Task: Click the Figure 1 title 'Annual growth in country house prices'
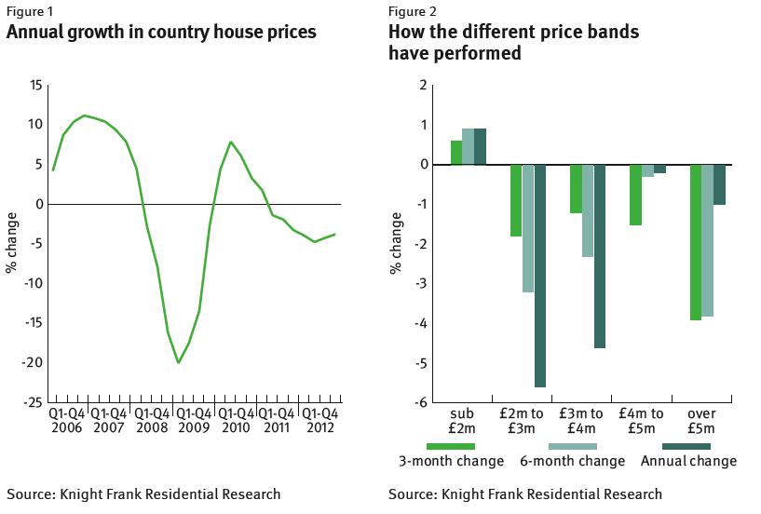click(161, 33)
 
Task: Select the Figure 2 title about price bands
click(513, 43)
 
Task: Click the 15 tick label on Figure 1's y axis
click(36, 86)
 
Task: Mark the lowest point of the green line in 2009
click(178, 361)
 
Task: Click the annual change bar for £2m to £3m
click(540, 276)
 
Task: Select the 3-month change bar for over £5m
click(696, 242)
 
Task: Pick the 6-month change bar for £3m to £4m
click(588, 210)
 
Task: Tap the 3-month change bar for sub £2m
click(456, 153)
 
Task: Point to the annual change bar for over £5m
click(719, 184)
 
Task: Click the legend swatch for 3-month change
click(451, 446)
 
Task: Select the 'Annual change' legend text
click(688, 461)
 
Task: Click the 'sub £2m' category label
click(462, 420)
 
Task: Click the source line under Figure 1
click(143, 494)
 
